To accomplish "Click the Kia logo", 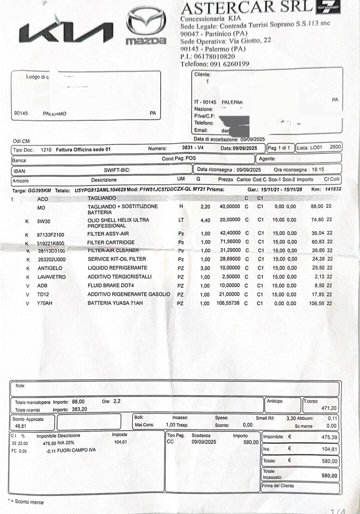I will tap(66, 33).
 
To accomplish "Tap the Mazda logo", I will tap(146, 26).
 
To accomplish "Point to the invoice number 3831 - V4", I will tap(193, 148).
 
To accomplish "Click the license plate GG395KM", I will tap(39, 190).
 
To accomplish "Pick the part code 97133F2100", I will tap(50, 235).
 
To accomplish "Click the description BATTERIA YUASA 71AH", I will tap(115, 303).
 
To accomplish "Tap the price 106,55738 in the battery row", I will tap(228, 303).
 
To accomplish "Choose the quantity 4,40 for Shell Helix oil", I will tap(205, 220).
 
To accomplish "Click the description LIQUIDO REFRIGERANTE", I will tap(117, 268).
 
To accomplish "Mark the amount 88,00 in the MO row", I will tap(317, 206).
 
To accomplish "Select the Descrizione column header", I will tap(104, 180).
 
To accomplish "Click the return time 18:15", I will tap(318, 169).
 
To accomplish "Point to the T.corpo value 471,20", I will tap(329, 408).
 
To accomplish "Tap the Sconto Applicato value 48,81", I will tap(21, 426).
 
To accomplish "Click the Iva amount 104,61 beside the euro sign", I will tap(329, 449).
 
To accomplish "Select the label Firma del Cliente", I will tap(278, 486).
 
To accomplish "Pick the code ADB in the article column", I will tap(42, 286).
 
